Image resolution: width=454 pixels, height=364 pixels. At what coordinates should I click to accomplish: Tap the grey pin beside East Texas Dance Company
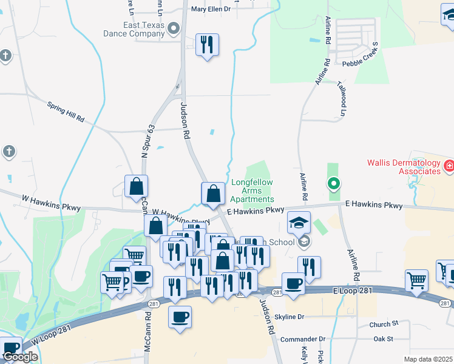[174, 29]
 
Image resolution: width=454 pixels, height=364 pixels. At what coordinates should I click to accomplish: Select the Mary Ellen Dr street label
[211, 9]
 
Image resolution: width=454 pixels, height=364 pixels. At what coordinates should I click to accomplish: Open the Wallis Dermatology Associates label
[403, 167]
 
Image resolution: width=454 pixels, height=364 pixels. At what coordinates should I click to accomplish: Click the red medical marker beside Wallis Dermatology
[449, 165]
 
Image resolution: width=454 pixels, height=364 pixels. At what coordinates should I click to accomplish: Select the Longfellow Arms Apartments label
[252, 190]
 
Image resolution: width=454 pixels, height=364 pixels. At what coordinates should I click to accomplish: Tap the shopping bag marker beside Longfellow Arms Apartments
[213, 194]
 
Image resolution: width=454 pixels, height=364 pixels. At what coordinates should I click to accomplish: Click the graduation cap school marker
[299, 223]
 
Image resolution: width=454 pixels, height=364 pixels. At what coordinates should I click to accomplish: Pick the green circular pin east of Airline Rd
[333, 183]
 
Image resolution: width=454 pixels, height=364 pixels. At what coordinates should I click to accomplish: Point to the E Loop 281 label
[351, 292]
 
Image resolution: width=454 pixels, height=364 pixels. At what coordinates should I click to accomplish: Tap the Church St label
[384, 325]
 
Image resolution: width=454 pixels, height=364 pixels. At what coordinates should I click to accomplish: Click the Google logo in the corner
[20, 357]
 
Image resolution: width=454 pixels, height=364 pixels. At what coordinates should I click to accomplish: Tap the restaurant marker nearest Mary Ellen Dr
[207, 45]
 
